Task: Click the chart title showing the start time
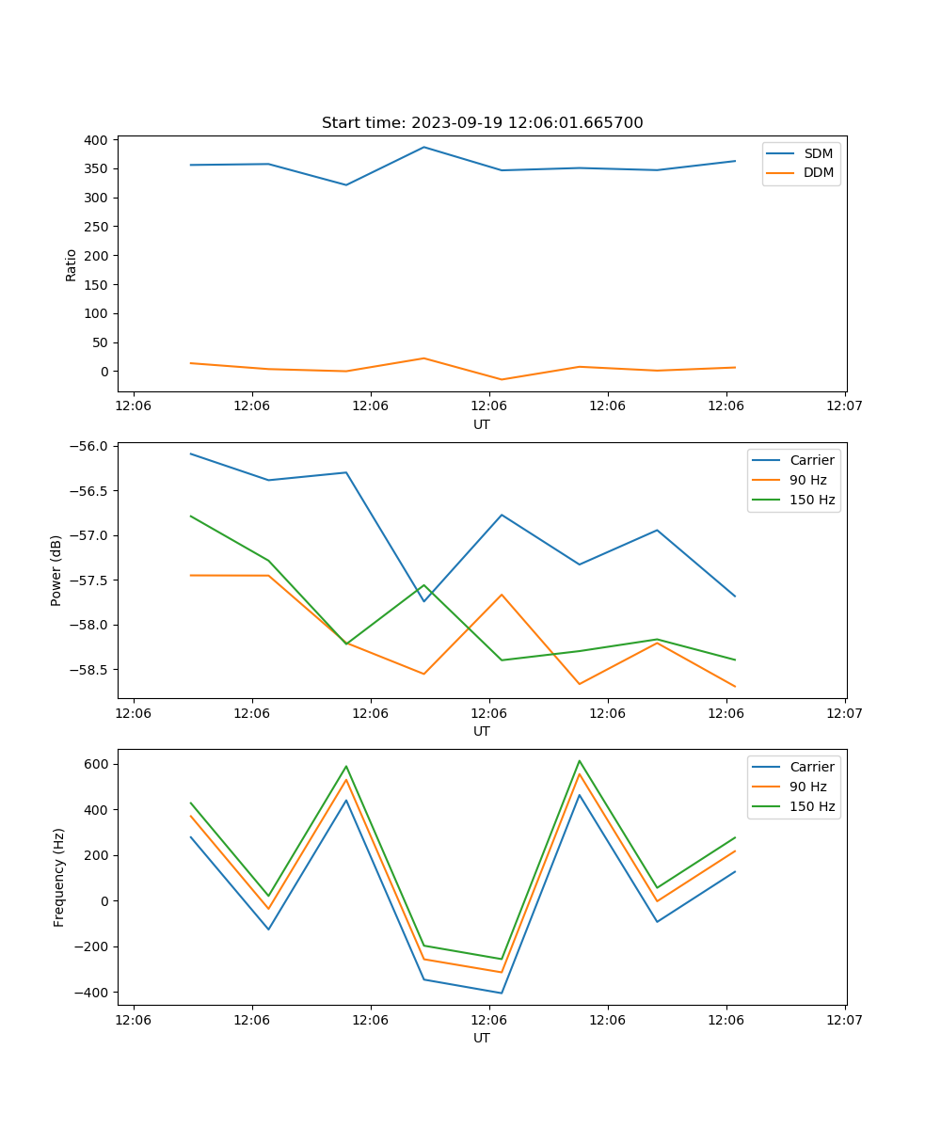tap(482, 123)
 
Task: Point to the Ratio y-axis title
tap(72, 264)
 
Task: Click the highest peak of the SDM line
tap(423, 147)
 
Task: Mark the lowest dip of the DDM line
tap(502, 380)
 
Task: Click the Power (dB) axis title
tap(56, 570)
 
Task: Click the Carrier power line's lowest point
tap(423, 601)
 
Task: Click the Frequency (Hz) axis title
tap(58, 877)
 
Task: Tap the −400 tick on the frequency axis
tap(92, 993)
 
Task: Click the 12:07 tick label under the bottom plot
tap(844, 1020)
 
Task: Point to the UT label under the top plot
tap(482, 424)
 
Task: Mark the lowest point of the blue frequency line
tap(502, 993)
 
